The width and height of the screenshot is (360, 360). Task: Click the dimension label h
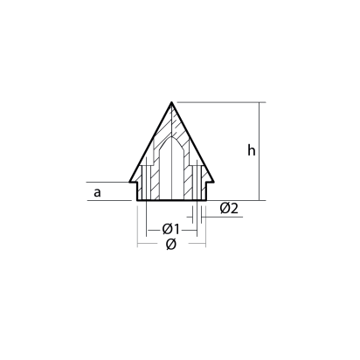pos(251,150)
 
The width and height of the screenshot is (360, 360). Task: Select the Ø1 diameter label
pos(171,229)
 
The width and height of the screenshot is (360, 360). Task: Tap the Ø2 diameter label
pos(229,208)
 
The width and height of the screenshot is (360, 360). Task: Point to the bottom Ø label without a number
pos(171,246)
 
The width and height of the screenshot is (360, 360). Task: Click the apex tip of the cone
pos(172,100)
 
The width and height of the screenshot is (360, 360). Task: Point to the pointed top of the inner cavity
pos(172,137)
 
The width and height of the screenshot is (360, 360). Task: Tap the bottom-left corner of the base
pos(138,200)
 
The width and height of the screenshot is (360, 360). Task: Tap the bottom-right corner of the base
pos(206,200)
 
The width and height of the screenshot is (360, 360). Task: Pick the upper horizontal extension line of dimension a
pos(109,182)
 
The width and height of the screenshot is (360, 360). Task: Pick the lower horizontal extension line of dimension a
pos(109,200)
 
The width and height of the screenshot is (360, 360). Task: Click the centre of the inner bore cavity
pos(172,175)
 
